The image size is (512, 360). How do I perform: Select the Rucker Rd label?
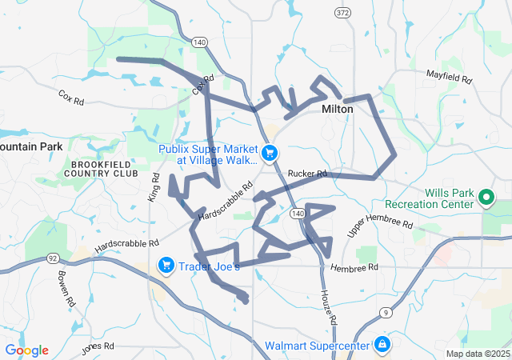(x=307, y=174)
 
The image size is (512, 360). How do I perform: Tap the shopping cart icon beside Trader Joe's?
(x=166, y=265)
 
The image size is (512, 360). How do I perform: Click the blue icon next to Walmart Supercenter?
(x=383, y=345)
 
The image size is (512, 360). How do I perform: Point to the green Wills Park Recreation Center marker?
(x=486, y=197)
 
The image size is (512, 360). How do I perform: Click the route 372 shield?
(x=343, y=12)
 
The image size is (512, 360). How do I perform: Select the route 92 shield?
(x=51, y=258)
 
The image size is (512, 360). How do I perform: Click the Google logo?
(x=26, y=350)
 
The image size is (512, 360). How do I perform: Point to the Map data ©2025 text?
(x=478, y=354)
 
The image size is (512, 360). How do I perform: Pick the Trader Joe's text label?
(x=209, y=266)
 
